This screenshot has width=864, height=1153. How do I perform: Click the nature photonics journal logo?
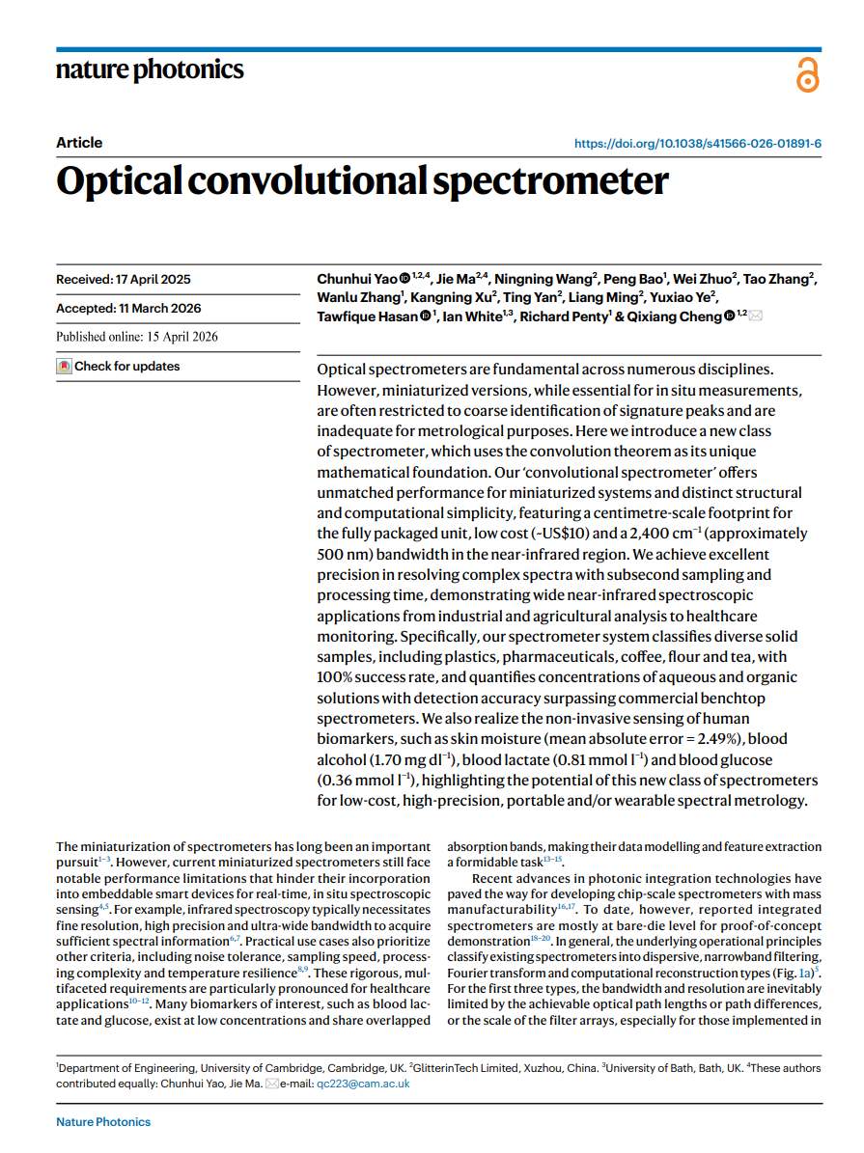tap(150, 69)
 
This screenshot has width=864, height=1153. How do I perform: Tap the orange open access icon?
tap(807, 74)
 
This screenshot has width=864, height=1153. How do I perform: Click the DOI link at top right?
tap(698, 144)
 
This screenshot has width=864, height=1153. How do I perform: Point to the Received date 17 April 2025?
tap(124, 280)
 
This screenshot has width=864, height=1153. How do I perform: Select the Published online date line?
tap(137, 337)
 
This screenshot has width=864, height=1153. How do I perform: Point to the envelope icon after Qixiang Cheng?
tap(755, 316)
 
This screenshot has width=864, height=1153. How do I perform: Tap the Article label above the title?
tap(79, 143)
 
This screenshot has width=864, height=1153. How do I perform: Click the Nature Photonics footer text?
tap(103, 1121)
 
